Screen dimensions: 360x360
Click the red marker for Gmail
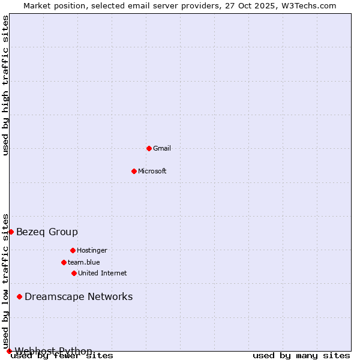click(x=149, y=148)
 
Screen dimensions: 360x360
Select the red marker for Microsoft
click(x=134, y=171)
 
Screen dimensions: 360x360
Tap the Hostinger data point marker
click(x=73, y=250)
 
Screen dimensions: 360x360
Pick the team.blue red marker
click(x=64, y=262)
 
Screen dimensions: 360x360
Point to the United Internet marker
click(x=74, y=273)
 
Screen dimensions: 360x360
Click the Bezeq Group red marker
click(x=11, y=232)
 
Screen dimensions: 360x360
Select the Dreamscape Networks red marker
click(x=19, y=296)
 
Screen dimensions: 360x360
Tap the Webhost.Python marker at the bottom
click(x=9, y=351)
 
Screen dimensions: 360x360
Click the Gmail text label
click(x=162, y=148)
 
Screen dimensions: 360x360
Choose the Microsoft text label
click(x=152, y=171)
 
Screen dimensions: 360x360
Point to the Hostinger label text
click(x=92, y=250)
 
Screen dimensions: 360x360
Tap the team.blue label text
click(x=84, y=262)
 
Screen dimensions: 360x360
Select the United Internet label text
click(x=103, y=273)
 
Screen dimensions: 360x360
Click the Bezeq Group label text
click(x=47, y=232)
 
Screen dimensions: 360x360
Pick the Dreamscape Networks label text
click(x=79, y=296)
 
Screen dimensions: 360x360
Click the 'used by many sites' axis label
click(x=301, y=356)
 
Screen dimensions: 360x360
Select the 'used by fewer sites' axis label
click(x=62, y=356)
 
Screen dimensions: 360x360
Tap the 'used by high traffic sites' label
click(x=6, y=85)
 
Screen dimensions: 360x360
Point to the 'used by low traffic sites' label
click(x=6, y=281)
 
